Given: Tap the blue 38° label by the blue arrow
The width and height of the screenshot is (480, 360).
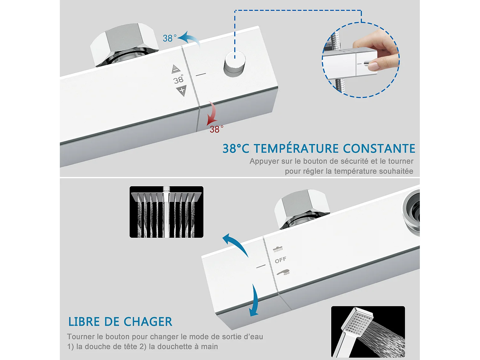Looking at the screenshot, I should (x=169, y=38).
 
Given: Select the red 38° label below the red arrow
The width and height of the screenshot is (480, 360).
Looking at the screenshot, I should (x=216, y=129).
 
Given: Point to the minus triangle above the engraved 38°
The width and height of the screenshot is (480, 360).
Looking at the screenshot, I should (x=176, y=69).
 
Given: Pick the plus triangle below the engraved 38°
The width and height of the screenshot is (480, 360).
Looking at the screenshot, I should (x=181, y=91).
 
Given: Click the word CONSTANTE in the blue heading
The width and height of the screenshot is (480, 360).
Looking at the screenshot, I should (x=379, y=149).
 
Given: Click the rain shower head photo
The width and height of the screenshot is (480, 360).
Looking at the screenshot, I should (x=166, y=212).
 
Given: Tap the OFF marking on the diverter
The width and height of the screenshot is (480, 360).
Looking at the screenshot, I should (x=281, y=260).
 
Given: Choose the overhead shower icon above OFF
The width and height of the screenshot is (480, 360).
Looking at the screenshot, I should (x=278, y=249).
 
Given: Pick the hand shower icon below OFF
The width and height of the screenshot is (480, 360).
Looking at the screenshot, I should (x=283, y=272).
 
